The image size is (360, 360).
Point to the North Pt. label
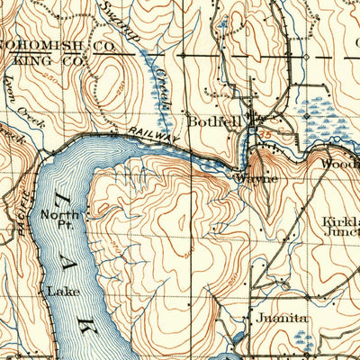[x=60, y=219]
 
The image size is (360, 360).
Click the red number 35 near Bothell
[x=265, y=136]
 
